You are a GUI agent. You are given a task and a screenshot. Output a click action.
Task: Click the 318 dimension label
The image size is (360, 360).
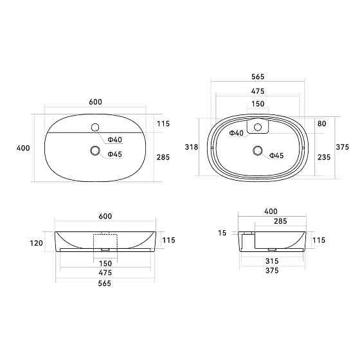click(192, 147)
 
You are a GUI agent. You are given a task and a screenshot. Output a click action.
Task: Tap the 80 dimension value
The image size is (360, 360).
click(321, 123)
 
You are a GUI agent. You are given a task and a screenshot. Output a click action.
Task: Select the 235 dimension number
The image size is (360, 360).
click(324, 157)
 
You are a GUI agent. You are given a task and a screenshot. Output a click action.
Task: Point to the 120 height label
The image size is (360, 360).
click(36, 243)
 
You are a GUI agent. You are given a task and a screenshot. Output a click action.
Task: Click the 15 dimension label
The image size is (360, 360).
click(222, 233)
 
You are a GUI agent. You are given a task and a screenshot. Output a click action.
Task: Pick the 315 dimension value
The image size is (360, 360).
click(272, 261)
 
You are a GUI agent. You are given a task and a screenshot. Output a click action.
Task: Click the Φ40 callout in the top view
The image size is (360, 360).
click(115, 139)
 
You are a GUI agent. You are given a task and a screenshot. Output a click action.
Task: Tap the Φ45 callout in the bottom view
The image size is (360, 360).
click(276, 156)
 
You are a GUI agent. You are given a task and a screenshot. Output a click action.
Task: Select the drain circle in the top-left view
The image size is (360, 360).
click(95, 151)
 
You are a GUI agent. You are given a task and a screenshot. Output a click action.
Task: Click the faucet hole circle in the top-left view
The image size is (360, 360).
click(95, 127)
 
